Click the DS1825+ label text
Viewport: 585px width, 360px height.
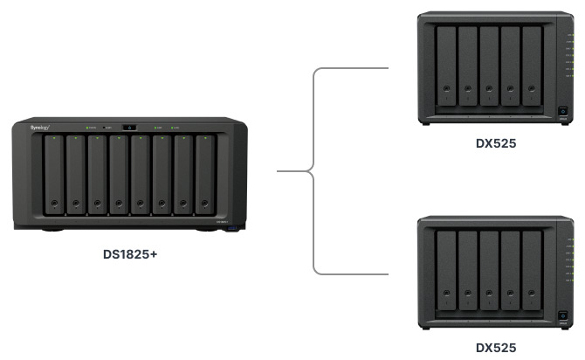(x=129, y=255)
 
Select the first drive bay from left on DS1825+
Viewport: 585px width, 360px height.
(x=54, y=175)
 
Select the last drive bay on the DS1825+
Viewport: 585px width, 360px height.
(x=204, y=175)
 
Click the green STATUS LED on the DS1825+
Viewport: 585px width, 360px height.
(x=89, y=128)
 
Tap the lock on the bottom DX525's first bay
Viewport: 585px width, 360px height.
(x=447, y=294)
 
